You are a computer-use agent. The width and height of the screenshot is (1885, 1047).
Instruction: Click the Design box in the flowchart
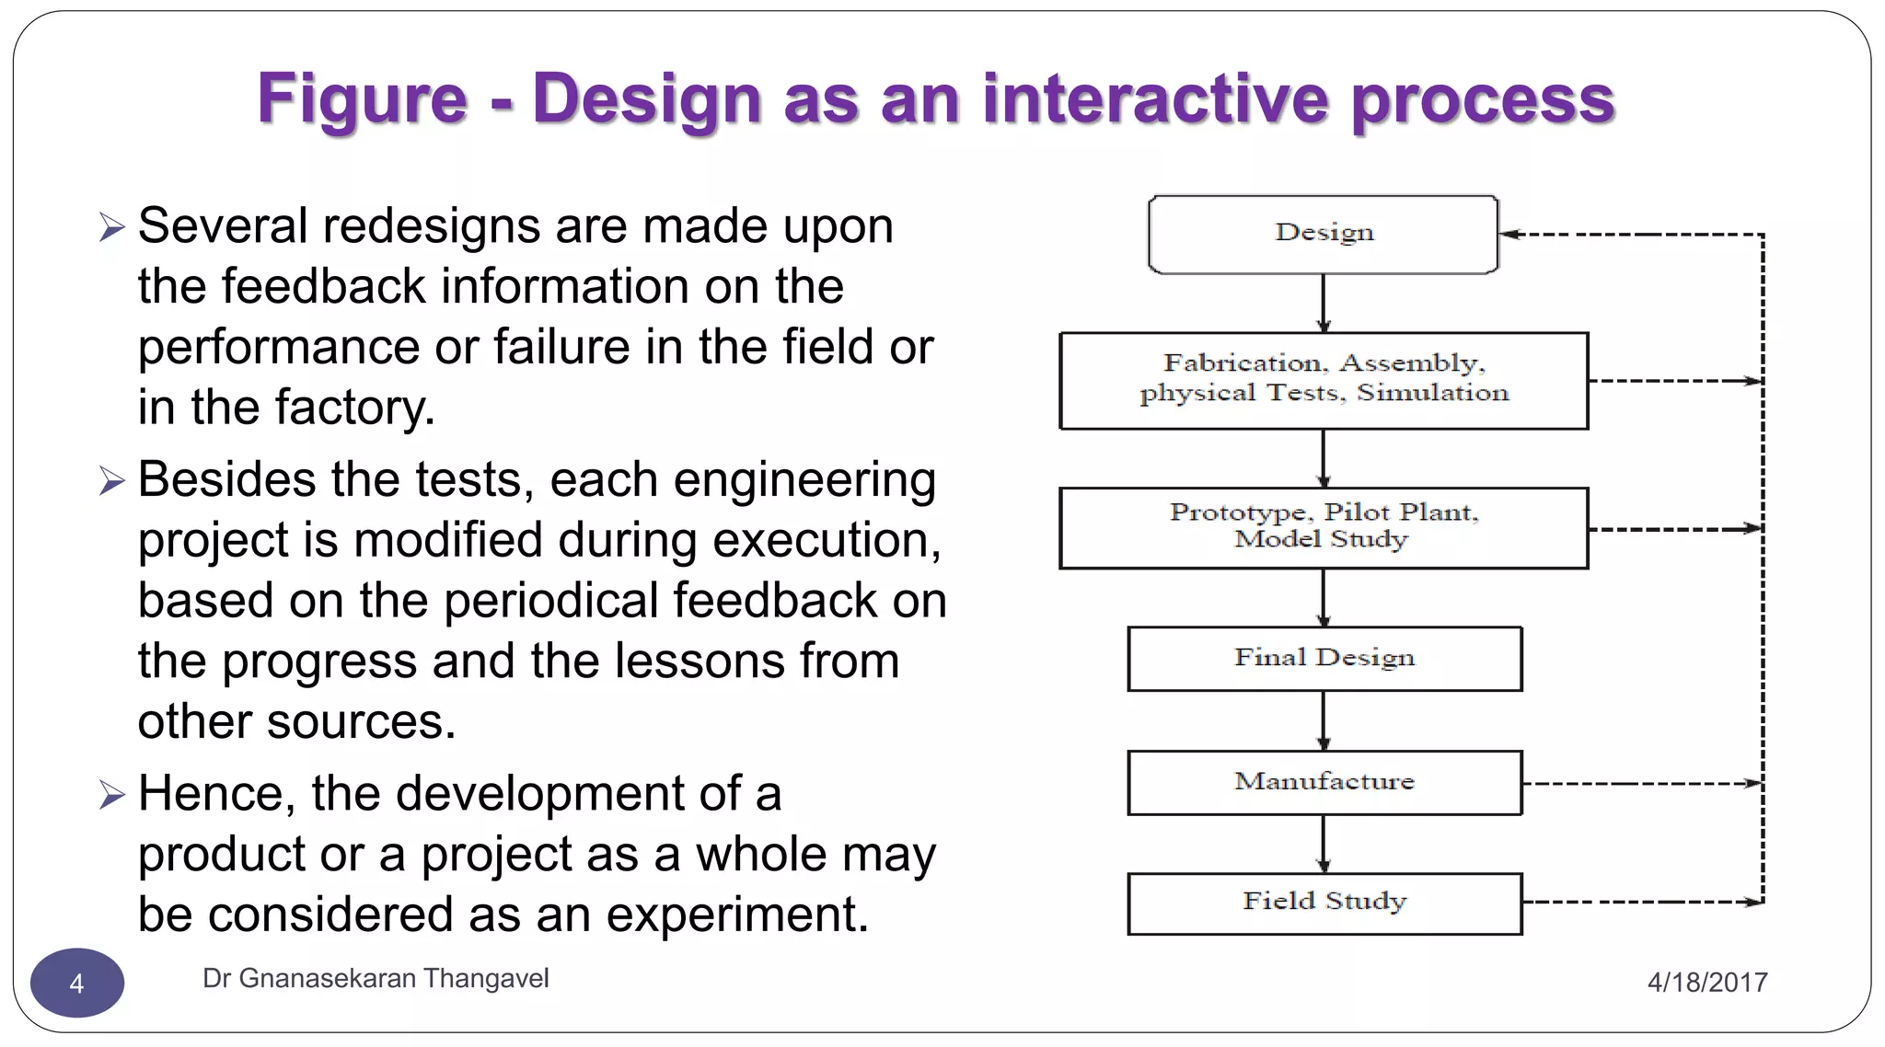[1323, 234]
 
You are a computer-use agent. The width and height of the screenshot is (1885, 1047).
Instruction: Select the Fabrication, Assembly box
[1323, 380]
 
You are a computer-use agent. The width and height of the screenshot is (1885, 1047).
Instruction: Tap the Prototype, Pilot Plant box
[1323, 527]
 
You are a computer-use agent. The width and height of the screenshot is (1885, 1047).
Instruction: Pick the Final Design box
[1324, 658]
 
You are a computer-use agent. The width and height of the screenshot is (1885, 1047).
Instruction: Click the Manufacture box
[1324, 782]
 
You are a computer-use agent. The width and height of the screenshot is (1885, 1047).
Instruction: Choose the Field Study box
[1324, 903]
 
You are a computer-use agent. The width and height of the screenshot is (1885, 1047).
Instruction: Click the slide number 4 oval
[77, 983]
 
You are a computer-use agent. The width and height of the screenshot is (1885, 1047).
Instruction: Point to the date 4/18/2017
[1706, 982]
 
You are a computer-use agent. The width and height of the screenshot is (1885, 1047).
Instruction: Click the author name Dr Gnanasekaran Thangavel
[376, 978]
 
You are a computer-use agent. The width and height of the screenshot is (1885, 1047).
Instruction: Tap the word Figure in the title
[362, 98]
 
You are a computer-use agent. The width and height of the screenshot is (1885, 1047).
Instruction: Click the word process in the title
[1482, 98]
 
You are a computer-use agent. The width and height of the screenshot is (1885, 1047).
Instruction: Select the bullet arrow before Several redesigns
[111, 226]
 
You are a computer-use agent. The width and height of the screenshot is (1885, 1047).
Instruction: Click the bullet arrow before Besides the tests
[111, 480]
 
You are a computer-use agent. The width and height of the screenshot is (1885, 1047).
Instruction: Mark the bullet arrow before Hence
[111, 794]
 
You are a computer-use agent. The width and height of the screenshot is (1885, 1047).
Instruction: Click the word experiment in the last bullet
[736, 915]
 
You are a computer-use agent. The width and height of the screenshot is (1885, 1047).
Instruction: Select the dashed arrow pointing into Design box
[1629, 235]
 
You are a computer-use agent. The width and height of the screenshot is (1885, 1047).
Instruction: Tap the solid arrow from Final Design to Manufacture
[1324, 720]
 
